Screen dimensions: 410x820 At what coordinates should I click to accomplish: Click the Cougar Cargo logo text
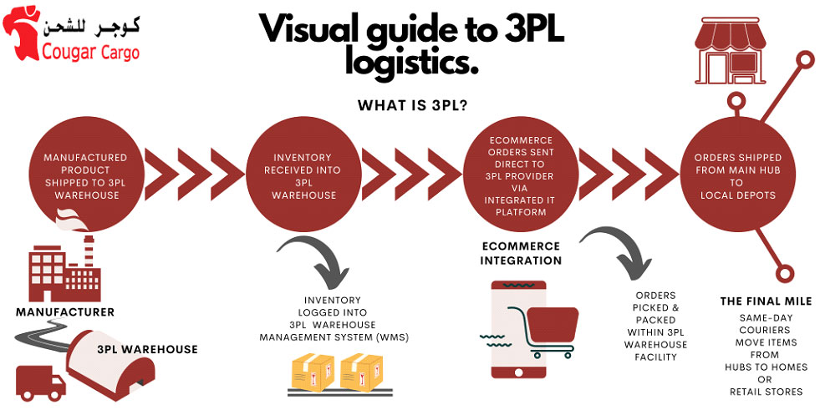point(90,53)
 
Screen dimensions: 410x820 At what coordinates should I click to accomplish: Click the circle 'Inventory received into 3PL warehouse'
point(304,176)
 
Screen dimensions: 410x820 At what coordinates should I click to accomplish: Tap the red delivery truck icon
point(40,382)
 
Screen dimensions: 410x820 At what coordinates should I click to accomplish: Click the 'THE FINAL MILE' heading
point(766,301)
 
